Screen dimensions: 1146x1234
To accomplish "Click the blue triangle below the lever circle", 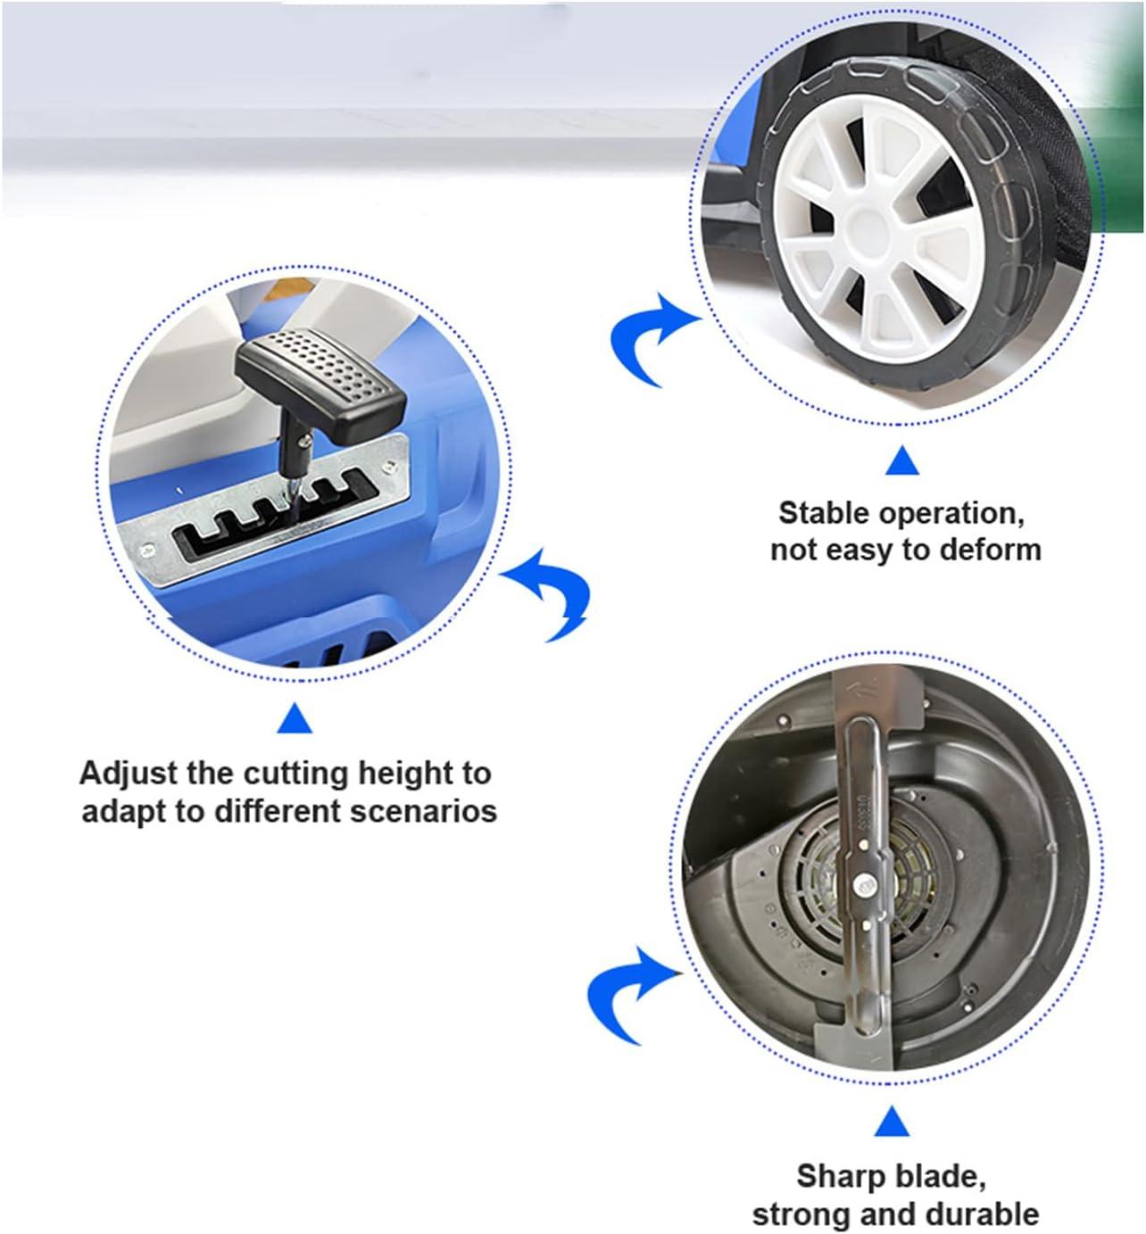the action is coord(295,718).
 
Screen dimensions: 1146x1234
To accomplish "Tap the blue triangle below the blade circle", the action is coord(893,1121).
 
